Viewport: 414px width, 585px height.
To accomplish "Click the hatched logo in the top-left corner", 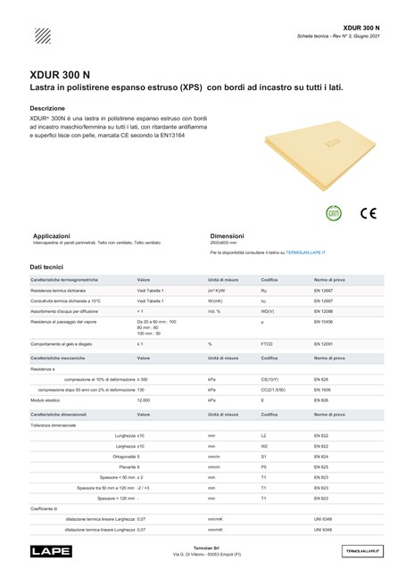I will pos(41,37).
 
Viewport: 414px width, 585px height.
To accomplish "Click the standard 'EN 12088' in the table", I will pos(322,310).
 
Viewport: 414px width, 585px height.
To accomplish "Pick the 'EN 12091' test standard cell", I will pos(322,343).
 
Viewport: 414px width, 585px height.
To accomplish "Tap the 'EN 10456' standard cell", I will pos(322,321).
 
